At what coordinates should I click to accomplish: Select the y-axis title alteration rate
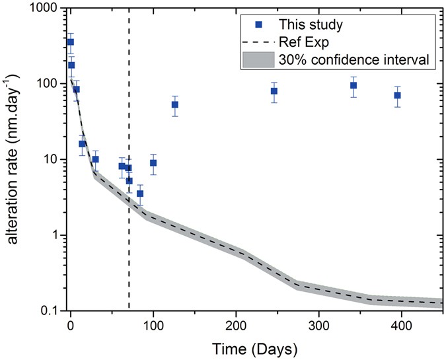tap(13, 159)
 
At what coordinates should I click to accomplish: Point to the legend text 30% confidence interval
tap(355, 60)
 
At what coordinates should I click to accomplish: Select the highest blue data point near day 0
tap(71, 42)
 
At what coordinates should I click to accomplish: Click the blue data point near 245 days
tap(274, 91)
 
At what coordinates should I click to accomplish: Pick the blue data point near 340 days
tap(353, 85)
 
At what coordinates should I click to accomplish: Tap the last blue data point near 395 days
tap(397, 95)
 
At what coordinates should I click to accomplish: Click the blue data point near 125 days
tap(175, 104)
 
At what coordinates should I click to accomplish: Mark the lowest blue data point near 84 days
tap(140, 194)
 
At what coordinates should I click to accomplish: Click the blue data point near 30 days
tap(95, 159)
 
